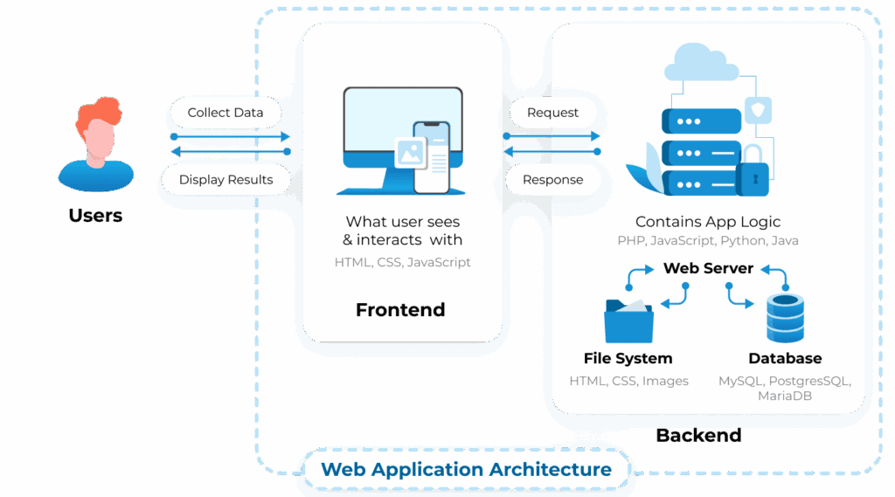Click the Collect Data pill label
point(225,113)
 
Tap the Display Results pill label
point(225,180)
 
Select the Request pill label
point(552,113)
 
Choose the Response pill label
point(552,180)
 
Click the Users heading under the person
point(95,216)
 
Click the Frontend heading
point(400,310)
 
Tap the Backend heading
point(698,435)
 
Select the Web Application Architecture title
point(466,469)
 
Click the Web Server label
point(708,268)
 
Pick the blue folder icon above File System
point(628,321)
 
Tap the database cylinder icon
point(784,318)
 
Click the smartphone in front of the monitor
point(431,157)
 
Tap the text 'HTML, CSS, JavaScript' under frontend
point(402,262)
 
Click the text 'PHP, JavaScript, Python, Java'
point(708,241)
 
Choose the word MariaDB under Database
point(784,397)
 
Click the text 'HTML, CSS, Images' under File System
point(628,381)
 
